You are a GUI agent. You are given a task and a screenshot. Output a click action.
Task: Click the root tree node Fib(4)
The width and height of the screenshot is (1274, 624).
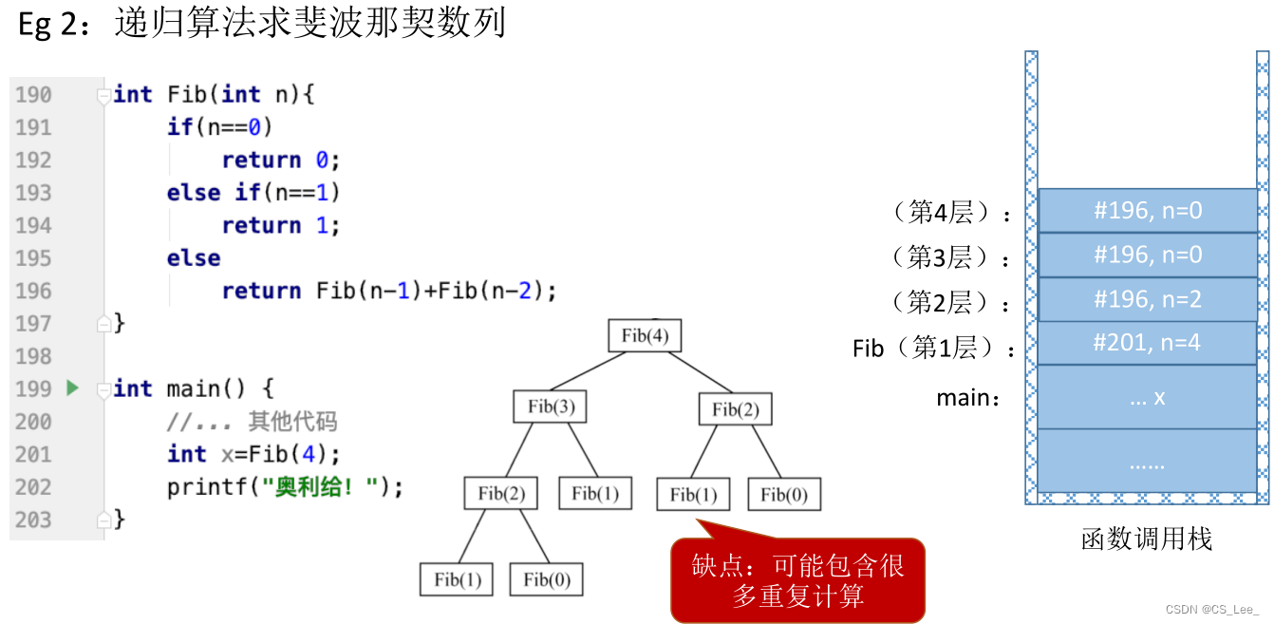coord(645,335)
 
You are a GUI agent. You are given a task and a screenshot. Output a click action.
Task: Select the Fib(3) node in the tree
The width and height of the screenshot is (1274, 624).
coord(551,407)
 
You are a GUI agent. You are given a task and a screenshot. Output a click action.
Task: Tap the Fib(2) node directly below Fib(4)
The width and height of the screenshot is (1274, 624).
coord(735,409)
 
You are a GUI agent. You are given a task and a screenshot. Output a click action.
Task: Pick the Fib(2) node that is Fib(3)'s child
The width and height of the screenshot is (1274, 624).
coord(501,493)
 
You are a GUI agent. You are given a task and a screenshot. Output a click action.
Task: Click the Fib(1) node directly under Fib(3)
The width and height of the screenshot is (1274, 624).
coord(595,493)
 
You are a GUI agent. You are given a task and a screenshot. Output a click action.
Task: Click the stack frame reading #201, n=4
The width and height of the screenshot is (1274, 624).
coord(1147,343)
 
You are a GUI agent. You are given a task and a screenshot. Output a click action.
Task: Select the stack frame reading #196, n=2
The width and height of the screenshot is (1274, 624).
coord(1147,299)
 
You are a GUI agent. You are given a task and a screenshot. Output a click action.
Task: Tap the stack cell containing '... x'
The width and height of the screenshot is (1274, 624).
coord(1147,397)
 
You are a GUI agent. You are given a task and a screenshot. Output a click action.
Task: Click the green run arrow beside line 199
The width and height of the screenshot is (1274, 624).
coord(73,388)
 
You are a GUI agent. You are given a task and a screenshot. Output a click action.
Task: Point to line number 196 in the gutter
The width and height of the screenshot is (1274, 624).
coord(33,291)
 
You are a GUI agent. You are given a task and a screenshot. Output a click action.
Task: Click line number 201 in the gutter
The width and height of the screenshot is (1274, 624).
coord(33,454)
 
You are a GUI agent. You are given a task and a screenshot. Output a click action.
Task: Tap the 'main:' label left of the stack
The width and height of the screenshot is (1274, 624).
coord(968,398)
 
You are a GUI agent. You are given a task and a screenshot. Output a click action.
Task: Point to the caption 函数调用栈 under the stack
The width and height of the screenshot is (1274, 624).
coord(1147,539)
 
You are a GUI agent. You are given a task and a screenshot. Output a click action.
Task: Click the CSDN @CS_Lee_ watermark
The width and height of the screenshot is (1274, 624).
coord(1212,609)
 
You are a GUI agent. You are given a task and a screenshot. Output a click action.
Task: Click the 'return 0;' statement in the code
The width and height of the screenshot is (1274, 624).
coord(280,160)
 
